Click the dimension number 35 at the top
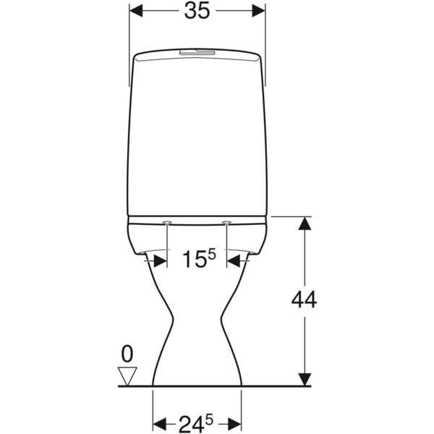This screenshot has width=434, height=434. pos(197,12)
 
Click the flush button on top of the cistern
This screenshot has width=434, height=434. pos(197,52)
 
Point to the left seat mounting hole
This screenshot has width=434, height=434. pos(168,221)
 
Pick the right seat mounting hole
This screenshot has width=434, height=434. pos(227,221)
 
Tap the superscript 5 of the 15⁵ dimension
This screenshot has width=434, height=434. pos(211,252)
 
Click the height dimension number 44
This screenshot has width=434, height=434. pos(304,299)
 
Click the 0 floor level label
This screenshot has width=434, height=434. pos(128,354)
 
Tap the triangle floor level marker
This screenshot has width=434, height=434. pos(128,375)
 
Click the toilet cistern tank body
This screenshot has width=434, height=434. pos(197,137)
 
